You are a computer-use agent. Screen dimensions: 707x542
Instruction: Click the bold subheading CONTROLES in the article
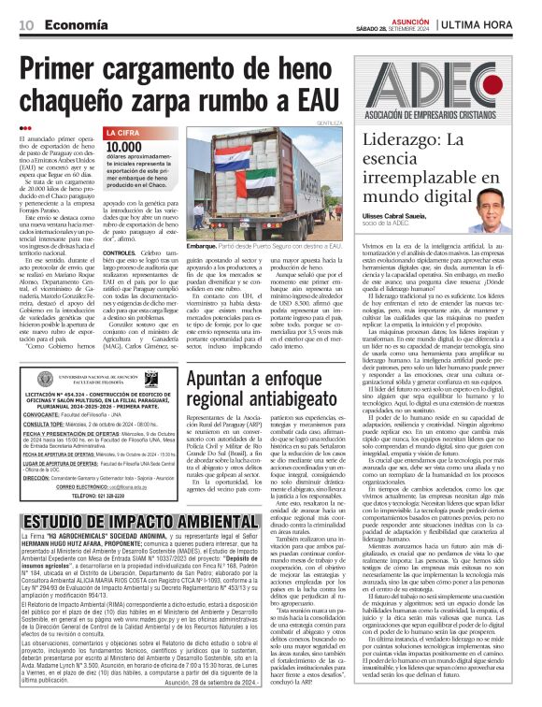coord(121,252)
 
